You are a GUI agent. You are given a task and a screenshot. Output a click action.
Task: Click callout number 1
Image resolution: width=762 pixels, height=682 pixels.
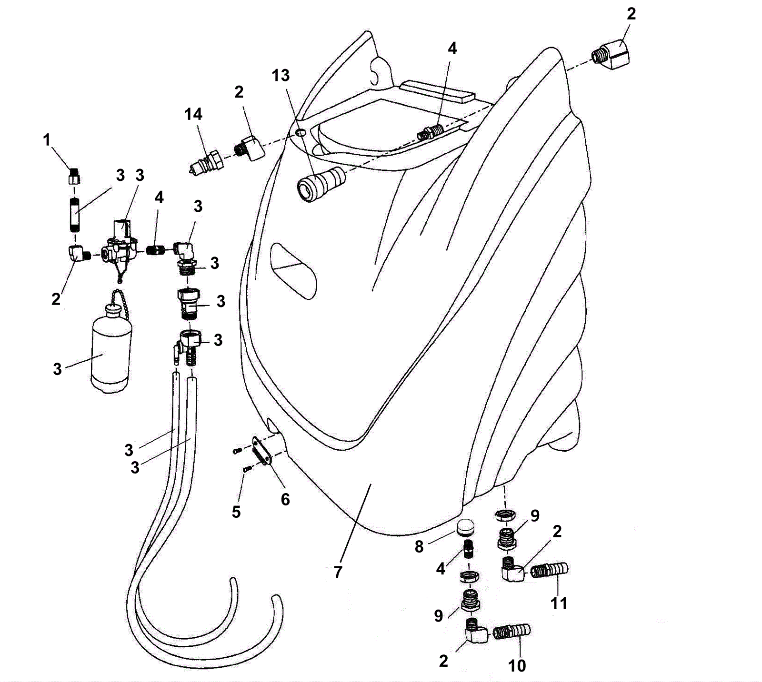click(47, 140)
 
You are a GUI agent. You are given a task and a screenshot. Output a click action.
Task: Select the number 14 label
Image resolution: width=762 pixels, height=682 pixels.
click(194, 114)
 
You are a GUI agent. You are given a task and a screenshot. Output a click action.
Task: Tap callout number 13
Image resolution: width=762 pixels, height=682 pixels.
click(281, 75)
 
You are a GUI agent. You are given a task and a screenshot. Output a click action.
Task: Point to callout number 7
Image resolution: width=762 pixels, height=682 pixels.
click(338, 572)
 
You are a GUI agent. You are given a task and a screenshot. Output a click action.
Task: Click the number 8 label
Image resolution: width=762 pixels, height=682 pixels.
click(419, 547)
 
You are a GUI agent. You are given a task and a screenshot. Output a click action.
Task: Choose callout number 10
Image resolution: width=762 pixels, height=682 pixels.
click(517, 665)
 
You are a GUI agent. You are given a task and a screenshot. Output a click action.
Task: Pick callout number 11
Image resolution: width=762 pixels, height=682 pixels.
click(559, 603)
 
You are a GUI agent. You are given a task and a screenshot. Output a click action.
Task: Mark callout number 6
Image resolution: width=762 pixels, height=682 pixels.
click(285, 499)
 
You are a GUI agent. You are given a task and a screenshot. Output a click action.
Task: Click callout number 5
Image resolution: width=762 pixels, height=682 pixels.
click(236, 512)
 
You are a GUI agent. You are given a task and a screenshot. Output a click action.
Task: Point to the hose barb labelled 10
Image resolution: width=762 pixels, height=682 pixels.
click(512, 633)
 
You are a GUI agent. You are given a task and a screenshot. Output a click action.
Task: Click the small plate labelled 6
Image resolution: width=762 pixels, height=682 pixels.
click(262, 450)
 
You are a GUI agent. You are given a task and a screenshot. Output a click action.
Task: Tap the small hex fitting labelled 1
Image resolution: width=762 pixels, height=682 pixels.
click(73, 176)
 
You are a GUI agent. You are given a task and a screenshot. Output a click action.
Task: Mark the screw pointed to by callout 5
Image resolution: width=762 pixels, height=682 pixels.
click(246, 469)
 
